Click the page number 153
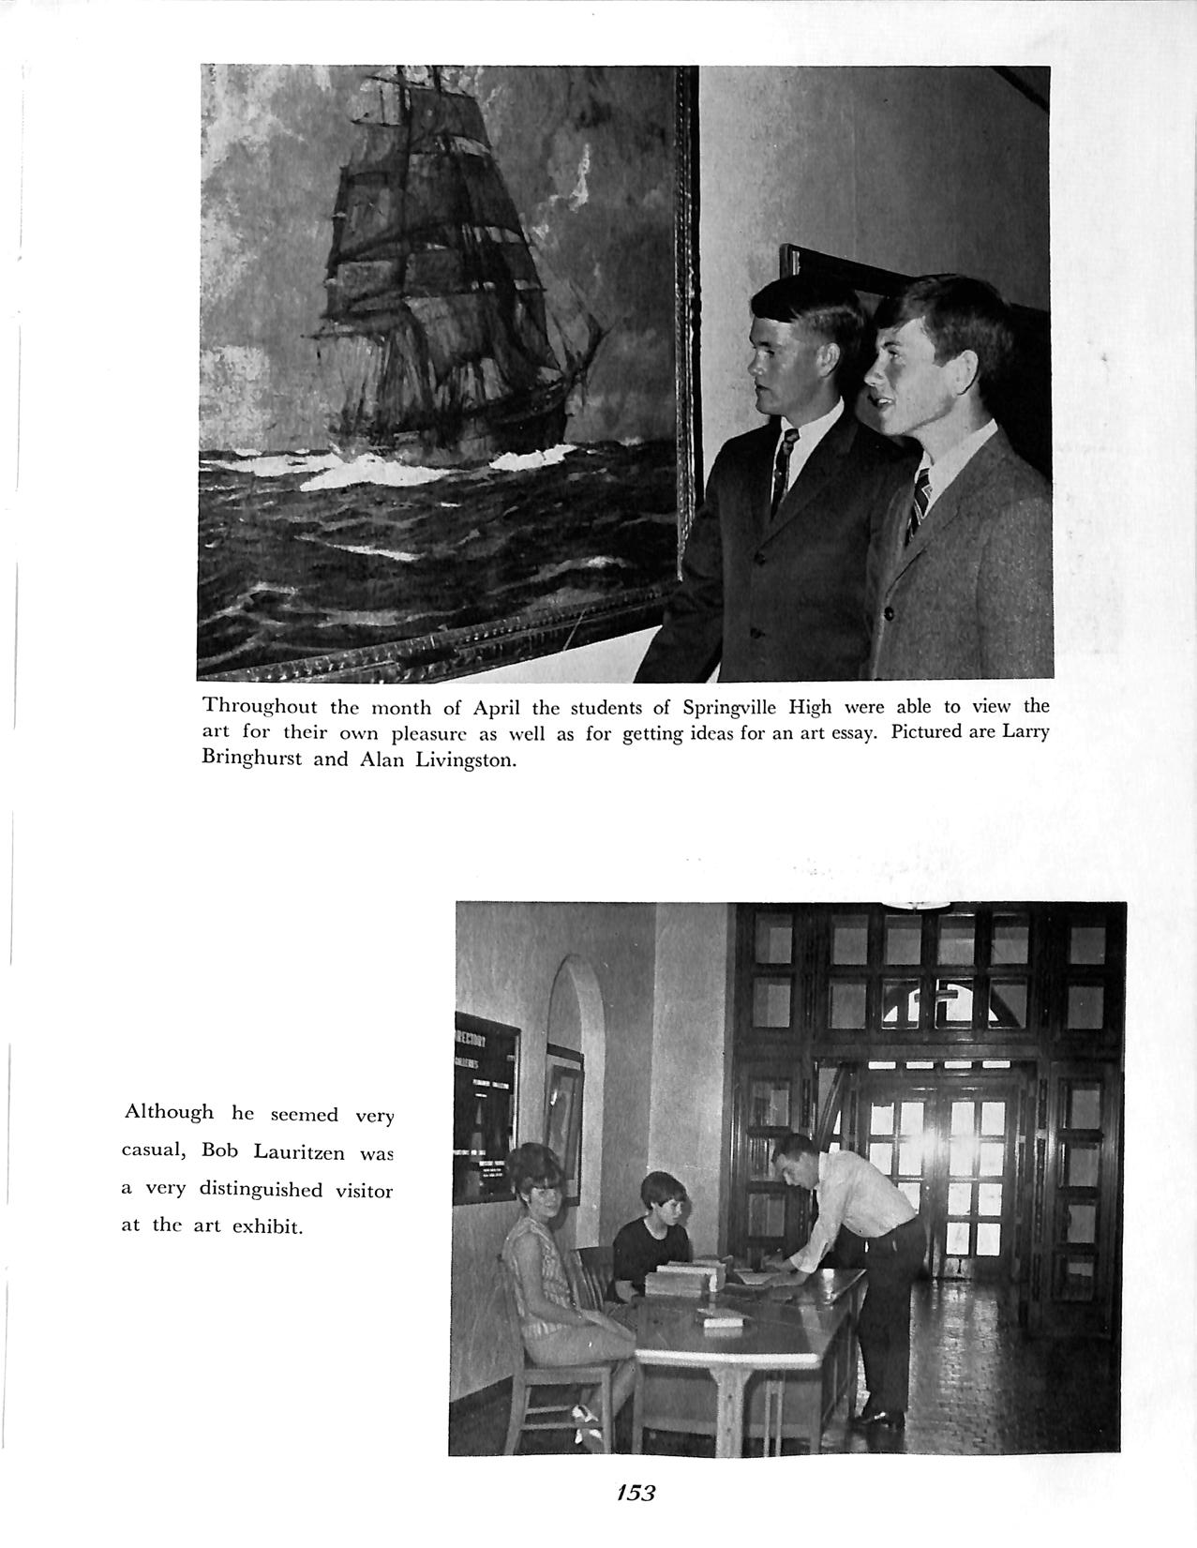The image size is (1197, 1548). click(636, 1491)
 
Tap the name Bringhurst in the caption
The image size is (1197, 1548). click(250, 759)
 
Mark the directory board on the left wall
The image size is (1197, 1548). click(486, 1106)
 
